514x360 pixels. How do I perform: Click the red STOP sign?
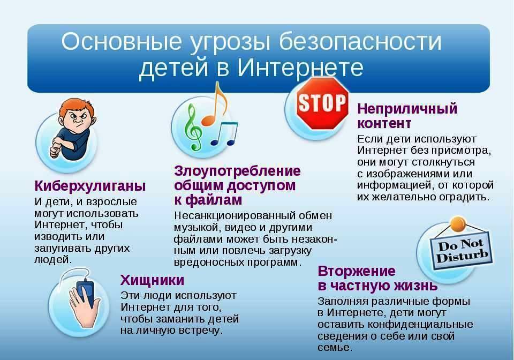322,103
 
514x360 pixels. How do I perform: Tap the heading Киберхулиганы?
90,186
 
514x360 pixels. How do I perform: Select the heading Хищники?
152,281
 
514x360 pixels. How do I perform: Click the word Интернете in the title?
300,67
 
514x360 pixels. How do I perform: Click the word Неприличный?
407,109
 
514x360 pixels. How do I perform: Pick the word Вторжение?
357,271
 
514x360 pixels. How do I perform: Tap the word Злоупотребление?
237,171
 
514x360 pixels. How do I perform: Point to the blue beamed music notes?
224,133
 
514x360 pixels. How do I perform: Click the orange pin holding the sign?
458,224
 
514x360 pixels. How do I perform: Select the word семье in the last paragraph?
335,348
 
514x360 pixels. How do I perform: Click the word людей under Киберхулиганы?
53,260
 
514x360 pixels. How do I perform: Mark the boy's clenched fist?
54,152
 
